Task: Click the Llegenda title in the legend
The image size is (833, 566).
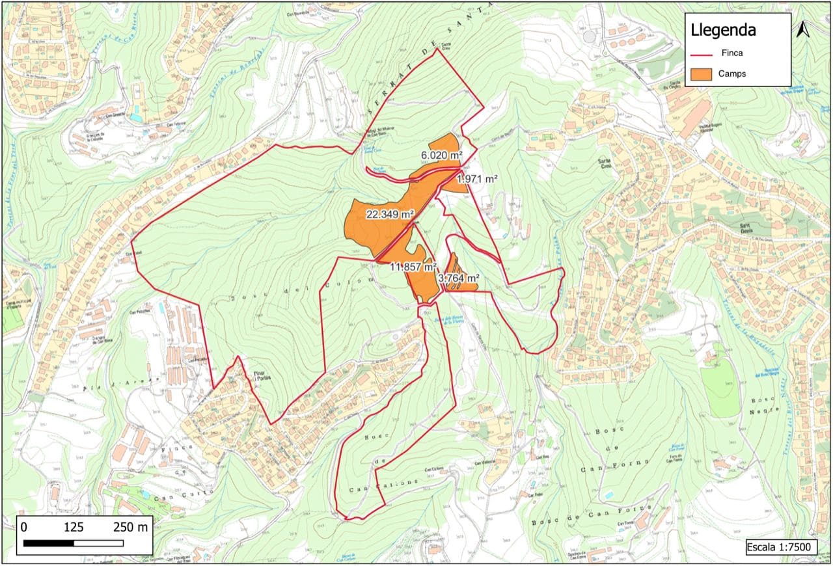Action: click(x=723, y=31)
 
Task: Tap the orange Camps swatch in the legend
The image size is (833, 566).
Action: click(x=704, y=74)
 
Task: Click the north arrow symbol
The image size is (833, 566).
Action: click(x=802, y=29)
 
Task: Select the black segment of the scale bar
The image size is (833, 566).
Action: click(x=49, y=543)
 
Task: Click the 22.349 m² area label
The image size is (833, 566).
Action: click(x=390, y=214)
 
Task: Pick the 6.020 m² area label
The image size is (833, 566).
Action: click(x=441, y=155)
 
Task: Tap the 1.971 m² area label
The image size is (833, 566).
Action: click(x=477, y=179)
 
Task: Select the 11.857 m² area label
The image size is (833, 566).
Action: click(x=413, y=266)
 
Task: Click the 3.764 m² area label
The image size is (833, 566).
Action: click(x=459, y=278)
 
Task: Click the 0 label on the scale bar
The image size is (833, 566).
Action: click(x=24, y=526)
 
